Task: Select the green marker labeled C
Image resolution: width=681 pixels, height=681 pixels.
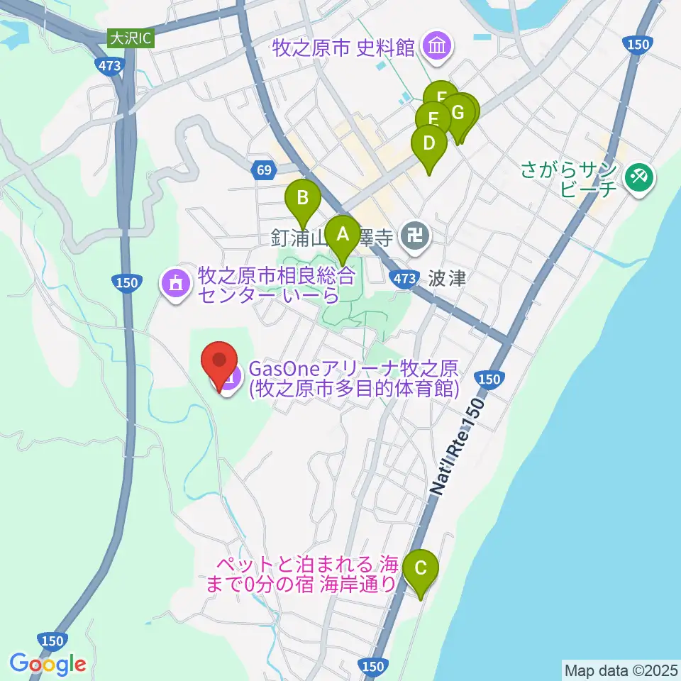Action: tap(421, 568)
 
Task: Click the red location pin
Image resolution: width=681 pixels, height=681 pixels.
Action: tap(219, 362)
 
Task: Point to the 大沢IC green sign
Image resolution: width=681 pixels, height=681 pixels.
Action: tap(131, 38)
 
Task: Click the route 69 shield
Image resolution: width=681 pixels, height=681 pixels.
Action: tap(263, 170)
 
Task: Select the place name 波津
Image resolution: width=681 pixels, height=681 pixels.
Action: tap(447, 278)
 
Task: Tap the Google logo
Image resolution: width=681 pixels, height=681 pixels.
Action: tap(48, 664)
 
